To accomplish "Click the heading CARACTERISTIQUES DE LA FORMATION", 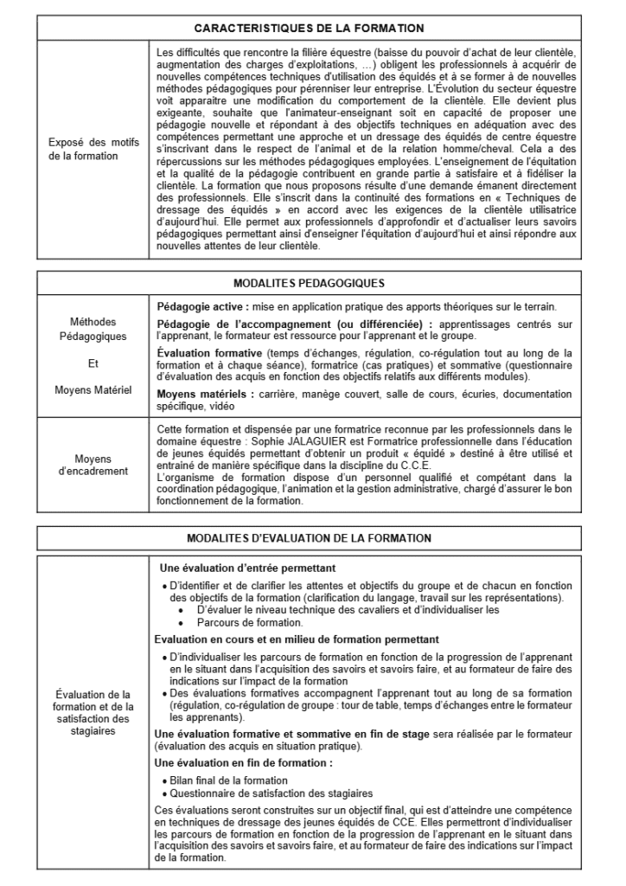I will [309, 29].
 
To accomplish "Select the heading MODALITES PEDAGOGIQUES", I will [309, 283].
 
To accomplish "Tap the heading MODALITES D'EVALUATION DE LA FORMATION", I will [309, 538].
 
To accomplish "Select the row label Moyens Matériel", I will [93, 389].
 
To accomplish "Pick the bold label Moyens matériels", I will [202, 394].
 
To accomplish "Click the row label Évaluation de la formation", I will [92, 712].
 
